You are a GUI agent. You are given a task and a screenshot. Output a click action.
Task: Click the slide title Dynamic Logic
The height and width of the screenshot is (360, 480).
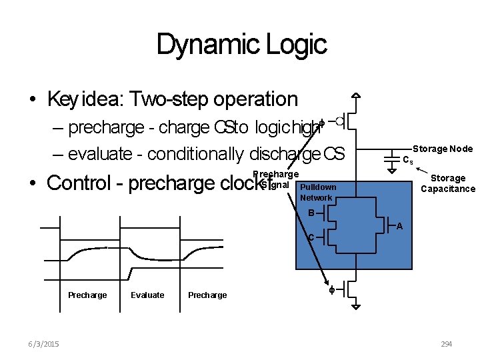[241, 45]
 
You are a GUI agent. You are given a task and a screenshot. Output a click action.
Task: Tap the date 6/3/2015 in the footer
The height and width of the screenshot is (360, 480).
[44, 344]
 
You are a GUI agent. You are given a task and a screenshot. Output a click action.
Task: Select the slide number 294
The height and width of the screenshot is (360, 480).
[446, 344]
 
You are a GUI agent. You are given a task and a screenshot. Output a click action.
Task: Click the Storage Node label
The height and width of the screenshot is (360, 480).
[443, 149]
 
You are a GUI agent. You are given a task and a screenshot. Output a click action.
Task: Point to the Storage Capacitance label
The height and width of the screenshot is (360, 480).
[447, 183]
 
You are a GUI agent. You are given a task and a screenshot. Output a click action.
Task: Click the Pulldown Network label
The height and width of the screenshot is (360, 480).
[318, 193]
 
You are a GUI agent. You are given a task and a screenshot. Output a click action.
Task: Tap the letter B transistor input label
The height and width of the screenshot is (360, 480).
[311, 213]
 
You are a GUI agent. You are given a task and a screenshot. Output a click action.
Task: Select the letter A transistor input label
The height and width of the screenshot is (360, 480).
[399, 227]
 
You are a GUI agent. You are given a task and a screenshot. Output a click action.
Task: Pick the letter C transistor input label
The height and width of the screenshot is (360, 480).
[311, 237]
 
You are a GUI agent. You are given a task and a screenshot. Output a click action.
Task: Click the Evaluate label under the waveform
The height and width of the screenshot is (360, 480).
[147, 295]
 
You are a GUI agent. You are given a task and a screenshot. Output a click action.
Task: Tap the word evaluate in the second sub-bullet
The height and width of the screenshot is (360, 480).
[100, 154]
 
